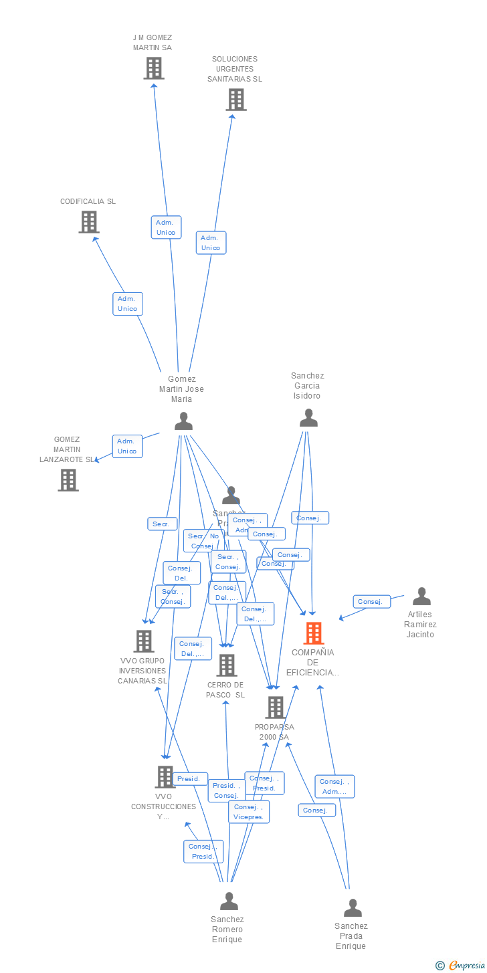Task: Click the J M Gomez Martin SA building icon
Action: coord(154,68)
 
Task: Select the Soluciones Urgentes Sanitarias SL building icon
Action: coord(235,100)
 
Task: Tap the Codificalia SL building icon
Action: coord(89,222)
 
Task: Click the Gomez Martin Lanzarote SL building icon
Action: coord(68,479)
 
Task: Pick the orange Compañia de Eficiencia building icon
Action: coord(313,633)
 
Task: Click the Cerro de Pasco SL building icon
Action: coord(227,665)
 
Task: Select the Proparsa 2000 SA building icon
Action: coord(275,707)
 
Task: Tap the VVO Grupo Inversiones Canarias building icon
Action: coord(144,641)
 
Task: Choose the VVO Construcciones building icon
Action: coord(165,776)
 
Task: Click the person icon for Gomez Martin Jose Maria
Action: coord(183,421)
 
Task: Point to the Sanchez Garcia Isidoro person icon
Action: coord(308,418)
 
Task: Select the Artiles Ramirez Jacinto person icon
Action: coord(421,596)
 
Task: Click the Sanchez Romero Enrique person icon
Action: coord(229,901)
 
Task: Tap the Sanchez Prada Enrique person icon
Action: coord(353,907)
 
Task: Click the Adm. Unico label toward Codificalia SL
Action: coord(127,304)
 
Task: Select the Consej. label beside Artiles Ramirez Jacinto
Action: coord(371,602)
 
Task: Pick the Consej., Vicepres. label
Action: coord(249,812)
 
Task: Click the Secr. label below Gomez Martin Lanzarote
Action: coord(162,524)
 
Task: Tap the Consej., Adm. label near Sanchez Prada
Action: coord(334,786)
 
